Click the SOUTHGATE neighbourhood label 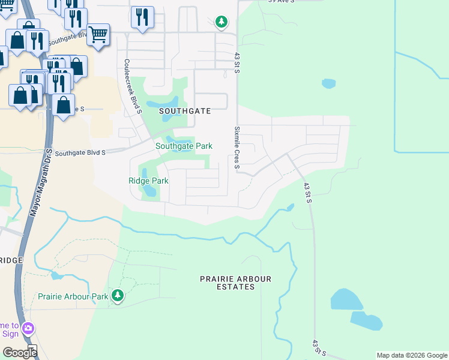[184, 111]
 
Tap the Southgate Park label [184, 146]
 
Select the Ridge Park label [148, 181]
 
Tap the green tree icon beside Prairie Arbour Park [118, 295]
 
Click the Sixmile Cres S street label [237, 148]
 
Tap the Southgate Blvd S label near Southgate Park [80, 153]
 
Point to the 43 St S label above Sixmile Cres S [237, 64]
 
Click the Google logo [19, 352]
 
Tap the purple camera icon [28, 328]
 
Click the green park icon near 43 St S [221, 22]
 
